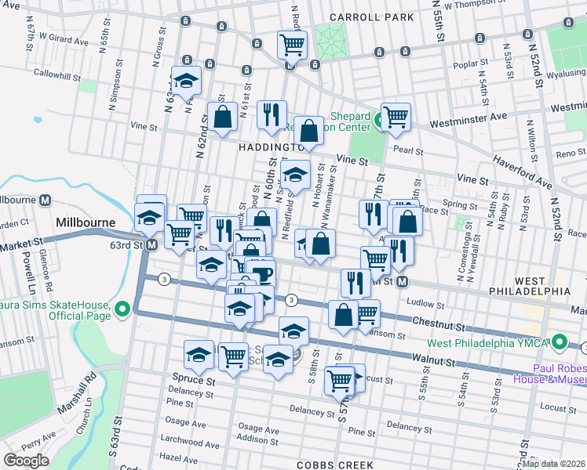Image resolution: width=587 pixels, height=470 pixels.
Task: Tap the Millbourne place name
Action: [x=87, y=222]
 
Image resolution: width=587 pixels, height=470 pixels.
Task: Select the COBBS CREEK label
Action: [x=325, y=464]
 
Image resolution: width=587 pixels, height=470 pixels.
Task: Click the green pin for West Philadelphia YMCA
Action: [x=560, y=342]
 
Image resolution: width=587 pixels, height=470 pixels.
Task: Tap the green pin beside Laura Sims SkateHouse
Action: [x=122, y=310]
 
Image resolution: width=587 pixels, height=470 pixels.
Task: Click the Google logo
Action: [x=26, y=461]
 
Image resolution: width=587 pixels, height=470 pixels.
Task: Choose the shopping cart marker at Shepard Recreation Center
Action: [x=396, y=117]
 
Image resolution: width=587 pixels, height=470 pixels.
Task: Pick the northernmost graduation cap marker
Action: [x=187, y=80]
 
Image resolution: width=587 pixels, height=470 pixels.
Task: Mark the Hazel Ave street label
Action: [x=179, y=455]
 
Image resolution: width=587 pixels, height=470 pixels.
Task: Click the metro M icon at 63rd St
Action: [x=151, y=245]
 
